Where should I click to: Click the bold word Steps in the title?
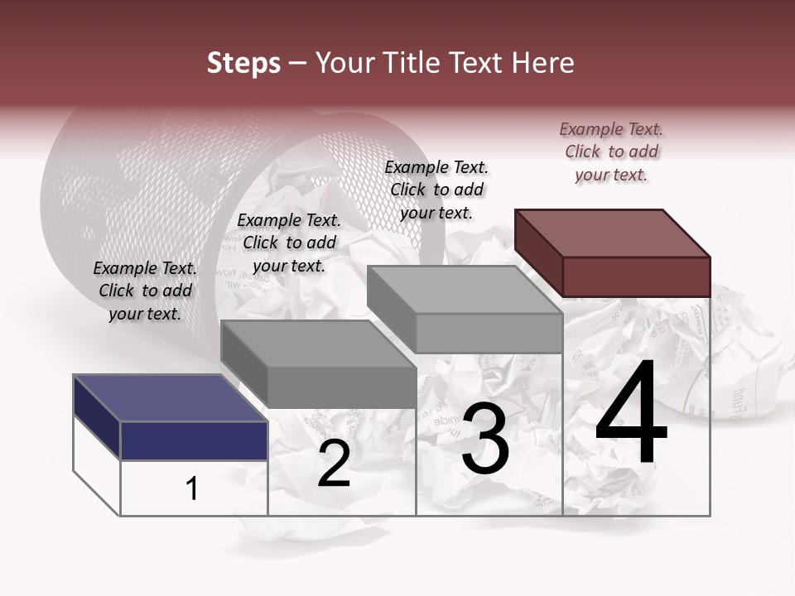(243, 63)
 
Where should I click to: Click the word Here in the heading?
(545, 63)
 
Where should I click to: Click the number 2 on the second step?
(334, 464)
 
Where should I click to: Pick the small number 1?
(192, 489)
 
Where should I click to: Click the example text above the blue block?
(145, 291)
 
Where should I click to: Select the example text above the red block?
(611, 151)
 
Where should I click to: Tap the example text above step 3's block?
(436, 190)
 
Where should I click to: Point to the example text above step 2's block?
(289, 243)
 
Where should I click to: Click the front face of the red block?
(636, 276)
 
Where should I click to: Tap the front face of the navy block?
(194, 440)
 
